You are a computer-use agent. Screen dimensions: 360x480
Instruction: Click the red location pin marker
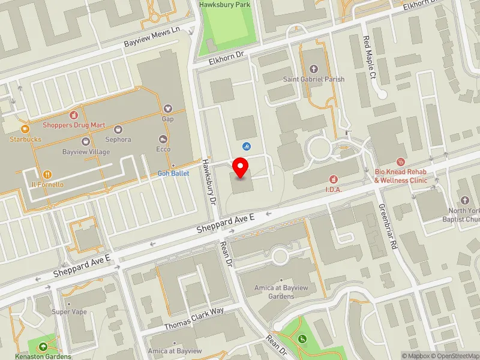[x=241, y=167]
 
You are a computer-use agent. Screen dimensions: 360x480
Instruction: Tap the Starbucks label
[x=25, y=139]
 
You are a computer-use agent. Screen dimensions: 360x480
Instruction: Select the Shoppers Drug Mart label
[x=74, y=125]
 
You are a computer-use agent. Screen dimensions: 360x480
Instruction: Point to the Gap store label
[x=167, y=119]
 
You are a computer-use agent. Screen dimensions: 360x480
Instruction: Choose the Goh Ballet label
[x=173, y=173]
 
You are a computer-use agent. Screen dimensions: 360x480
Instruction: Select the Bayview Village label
[x=86, y=152]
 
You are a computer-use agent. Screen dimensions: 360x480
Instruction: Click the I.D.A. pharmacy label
[x=334, y=190]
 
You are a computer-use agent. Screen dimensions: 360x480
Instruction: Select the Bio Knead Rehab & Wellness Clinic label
[x=401, y=176]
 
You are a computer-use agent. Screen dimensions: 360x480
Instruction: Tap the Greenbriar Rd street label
[x=388, y=226]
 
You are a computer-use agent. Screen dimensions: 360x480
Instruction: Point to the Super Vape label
[x=70, y=311]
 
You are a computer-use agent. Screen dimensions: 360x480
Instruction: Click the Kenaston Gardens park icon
[x=43, y=346]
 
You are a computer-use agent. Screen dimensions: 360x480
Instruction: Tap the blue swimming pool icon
[x=247, y=146]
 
